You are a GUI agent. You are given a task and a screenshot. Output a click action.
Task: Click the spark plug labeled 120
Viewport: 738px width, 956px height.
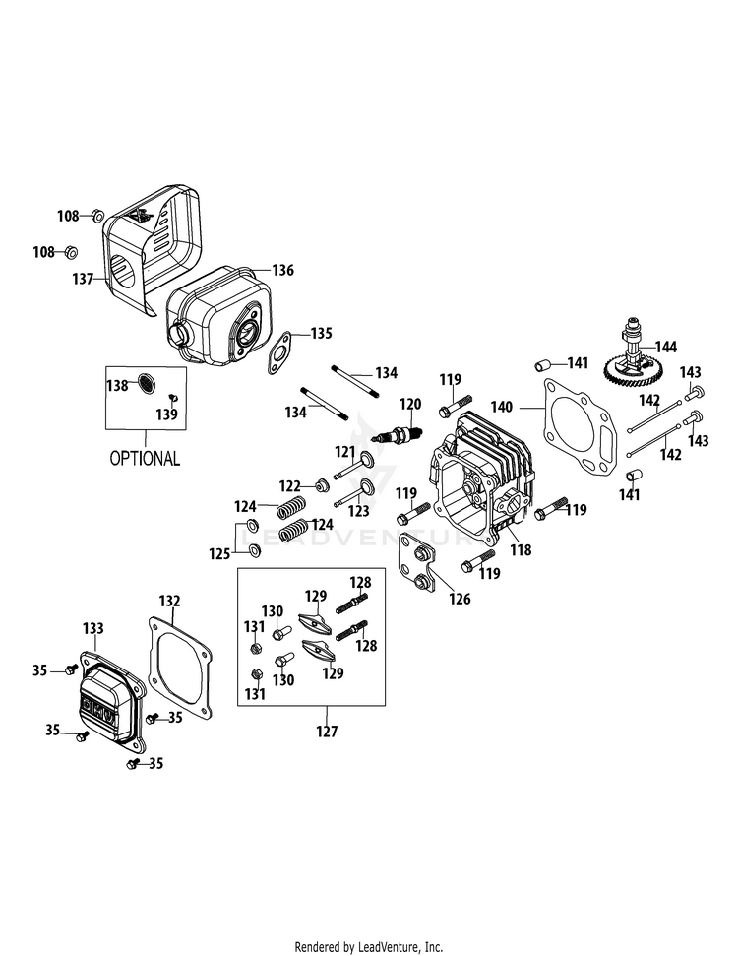click(x=400, y=435)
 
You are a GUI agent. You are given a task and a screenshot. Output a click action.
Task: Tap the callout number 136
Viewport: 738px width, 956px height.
click(x=282, y=270)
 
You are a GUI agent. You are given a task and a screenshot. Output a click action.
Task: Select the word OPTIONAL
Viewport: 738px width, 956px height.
click(x=145, y=459)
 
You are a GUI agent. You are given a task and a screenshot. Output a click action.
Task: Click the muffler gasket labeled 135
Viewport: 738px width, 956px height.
click(x=278, y=352)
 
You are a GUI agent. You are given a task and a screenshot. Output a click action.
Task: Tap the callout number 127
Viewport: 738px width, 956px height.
click(x=327, y=731)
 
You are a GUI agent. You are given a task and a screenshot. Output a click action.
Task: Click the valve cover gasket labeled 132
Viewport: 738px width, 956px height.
click(x=179, y=666)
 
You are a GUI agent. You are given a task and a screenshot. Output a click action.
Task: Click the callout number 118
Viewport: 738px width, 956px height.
click(x=522, y=550)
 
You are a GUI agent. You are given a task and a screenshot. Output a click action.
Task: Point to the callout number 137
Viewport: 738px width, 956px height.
click(x=83, y=280)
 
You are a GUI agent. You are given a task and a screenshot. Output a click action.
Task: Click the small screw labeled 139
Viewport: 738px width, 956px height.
click(x=172, y=397)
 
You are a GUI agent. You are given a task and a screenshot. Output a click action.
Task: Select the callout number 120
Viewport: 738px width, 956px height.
click(x=410, y=405)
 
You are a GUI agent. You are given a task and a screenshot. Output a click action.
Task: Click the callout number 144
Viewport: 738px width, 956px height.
click(x=666, y=347)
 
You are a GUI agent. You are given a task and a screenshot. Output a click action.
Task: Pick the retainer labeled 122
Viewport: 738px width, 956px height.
click(x=320, y=486)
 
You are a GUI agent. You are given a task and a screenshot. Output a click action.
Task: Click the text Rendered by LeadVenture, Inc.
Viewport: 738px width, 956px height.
click(x=369, y=947)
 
